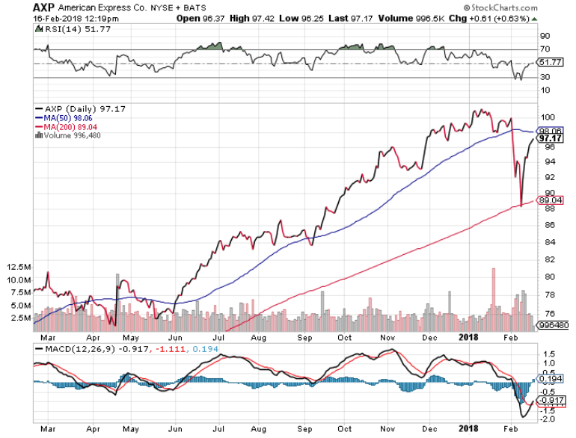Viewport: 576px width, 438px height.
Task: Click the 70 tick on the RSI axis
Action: click(545, 49)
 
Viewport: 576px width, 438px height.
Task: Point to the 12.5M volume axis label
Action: click(17, 267)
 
